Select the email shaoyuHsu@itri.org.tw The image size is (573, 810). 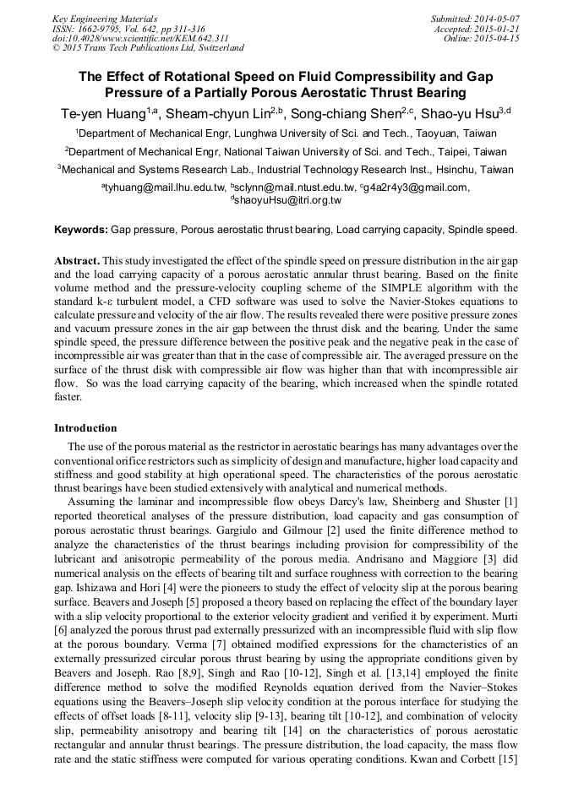(287, 200)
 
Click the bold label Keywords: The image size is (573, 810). (81, 230)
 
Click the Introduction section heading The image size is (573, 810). (85, 428)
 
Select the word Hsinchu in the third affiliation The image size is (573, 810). (452, 169)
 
